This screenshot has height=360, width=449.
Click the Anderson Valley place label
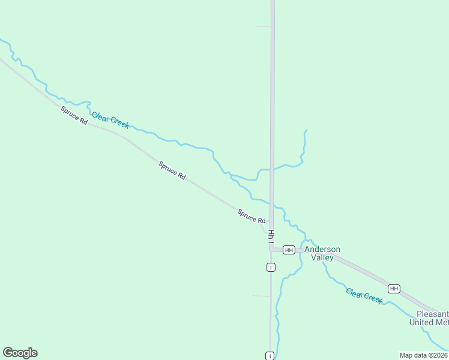click(x=322, y=253)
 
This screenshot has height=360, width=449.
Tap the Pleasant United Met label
click(x=429, y=318)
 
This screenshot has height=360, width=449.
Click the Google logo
click(x=20, y=353)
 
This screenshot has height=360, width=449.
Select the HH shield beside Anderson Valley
click(x=289, y=250)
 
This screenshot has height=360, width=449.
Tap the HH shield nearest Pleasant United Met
click(x=394, y=289)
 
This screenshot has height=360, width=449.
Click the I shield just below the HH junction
click(x=271, y=267)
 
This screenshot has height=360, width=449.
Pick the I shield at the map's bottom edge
click(x=271, y=356)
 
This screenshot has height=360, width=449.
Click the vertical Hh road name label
click(x=271, y=235)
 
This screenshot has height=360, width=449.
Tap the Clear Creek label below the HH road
click(x=364, y=295)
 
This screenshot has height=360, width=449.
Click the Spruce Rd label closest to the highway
click(x=252, y=216)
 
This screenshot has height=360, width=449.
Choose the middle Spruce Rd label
click(x=172, y=170)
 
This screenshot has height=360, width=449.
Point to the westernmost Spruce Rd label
click(x=74, y=115)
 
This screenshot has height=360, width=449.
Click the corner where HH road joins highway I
click(x=271, y=249)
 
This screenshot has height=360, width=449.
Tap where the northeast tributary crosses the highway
click(x=272, y=169)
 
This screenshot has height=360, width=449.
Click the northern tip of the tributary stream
click(x=306, y=130)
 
